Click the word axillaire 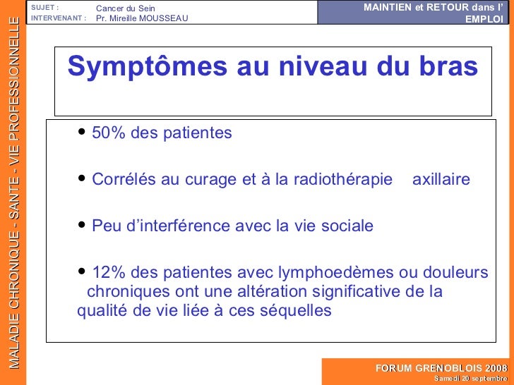pos(441,180)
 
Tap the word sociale pos(347,226)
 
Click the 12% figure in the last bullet pos(106,273)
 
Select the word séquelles pos(297,311)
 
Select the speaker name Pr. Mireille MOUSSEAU pos(142,18)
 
